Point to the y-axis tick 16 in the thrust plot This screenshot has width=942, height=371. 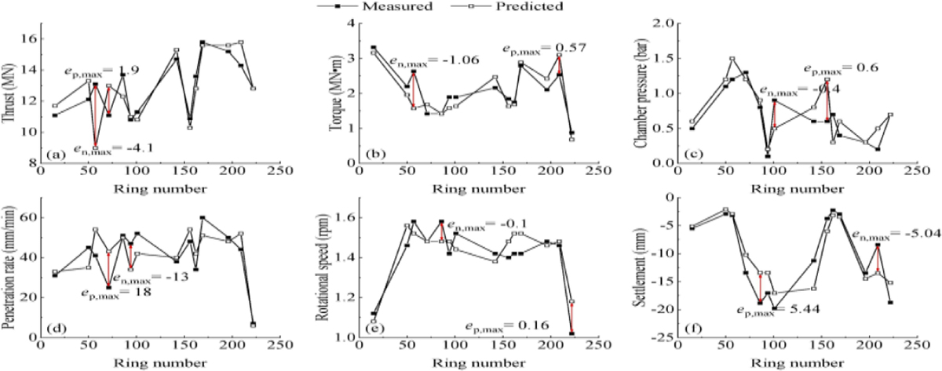point(29,38)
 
